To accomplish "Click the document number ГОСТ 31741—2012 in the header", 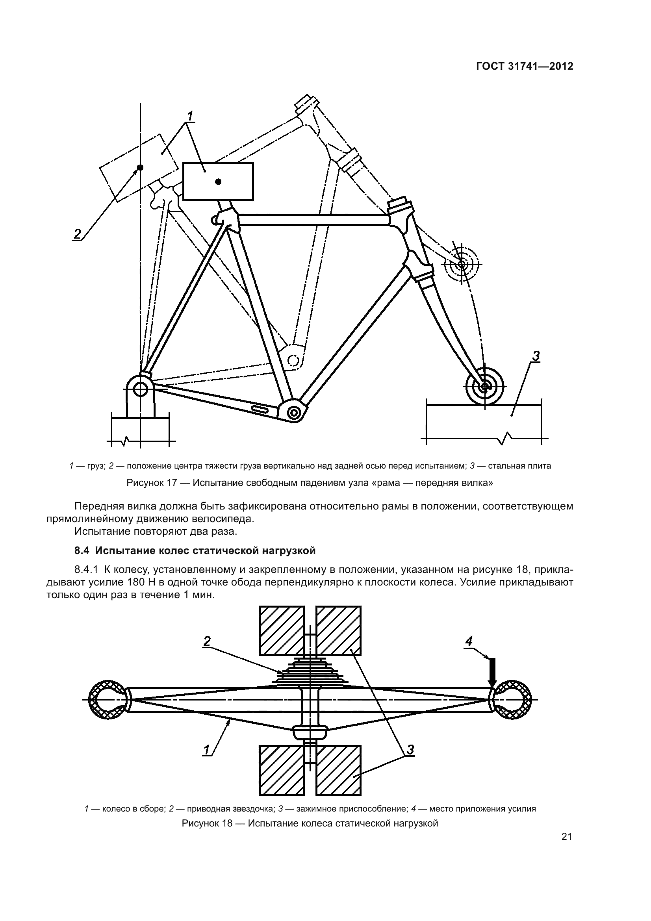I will coord(524,67).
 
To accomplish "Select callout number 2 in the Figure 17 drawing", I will coord(77,233).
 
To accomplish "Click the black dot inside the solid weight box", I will coord(218,182).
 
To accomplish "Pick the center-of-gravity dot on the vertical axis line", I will coord(140,167).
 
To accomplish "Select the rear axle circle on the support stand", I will coord(140,388).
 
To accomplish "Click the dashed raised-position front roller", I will coord(461,264).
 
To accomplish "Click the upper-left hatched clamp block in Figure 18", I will coord(281,630).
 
